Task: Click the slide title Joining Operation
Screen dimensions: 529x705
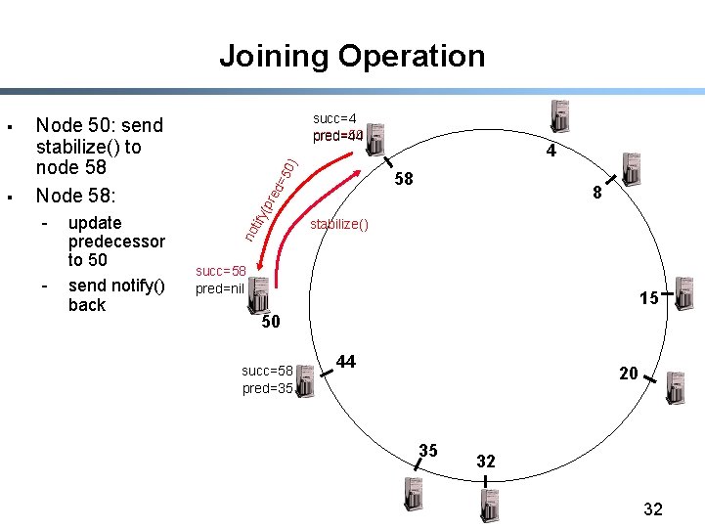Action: [x=352, y=56]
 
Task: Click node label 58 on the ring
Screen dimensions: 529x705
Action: [x=403, y=180]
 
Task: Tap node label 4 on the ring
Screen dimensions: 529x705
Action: [x=551, y=152]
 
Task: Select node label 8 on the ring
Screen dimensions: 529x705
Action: [x=596, y=195]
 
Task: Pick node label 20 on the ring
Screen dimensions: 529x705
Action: [x=628, y=373]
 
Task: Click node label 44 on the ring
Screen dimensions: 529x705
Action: [x=346, y=362]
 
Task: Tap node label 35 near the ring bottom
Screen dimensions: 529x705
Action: [x=428, y=451]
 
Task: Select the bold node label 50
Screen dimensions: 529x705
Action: [x=271, y=322]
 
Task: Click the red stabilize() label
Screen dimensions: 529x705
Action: [x=339, y=225]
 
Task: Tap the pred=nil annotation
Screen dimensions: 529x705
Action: [x=220, y=288]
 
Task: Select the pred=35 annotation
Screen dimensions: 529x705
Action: [x=267, y=388]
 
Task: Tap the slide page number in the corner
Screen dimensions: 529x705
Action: [x=653, y=508]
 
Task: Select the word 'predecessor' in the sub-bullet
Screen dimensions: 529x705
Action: [x=116, y=242]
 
